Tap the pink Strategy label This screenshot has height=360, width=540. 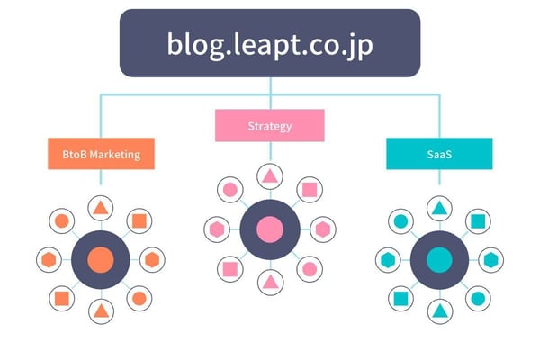(269, 126)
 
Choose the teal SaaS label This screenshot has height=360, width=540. (439, 154)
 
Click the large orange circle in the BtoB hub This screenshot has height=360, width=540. (100, 260)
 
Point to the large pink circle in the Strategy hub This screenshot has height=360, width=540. (269, 229)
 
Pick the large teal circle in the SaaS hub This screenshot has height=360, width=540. (439, 260)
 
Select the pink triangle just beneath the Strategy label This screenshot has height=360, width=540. (269, 176)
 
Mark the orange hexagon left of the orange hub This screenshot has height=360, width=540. (49, 260)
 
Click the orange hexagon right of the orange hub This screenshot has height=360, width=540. (152, 260)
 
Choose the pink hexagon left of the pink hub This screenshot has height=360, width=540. (217, 229)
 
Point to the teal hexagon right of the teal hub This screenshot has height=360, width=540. (490, 260)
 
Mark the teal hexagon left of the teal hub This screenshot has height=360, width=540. (387, 260)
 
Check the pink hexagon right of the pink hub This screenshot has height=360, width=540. (321, 229)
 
